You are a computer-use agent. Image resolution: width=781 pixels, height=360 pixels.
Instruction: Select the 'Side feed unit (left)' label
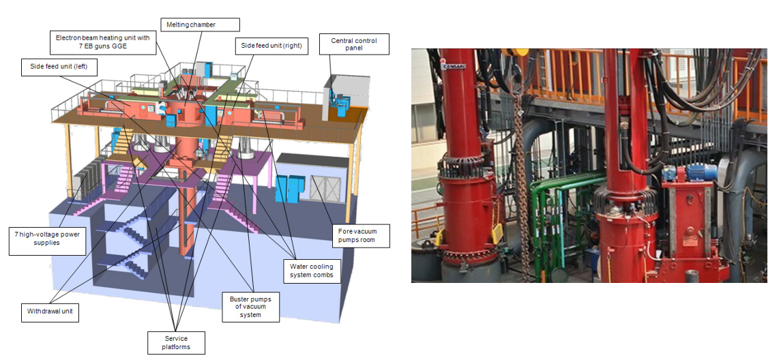[x=59, y=67]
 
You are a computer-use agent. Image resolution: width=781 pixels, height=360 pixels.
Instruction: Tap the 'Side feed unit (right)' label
[x=271, y=46]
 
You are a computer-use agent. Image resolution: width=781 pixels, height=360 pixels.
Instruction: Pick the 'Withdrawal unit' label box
[x=48, y=313]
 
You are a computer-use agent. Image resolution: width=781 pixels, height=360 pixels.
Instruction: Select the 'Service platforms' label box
[x=176, y=343]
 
